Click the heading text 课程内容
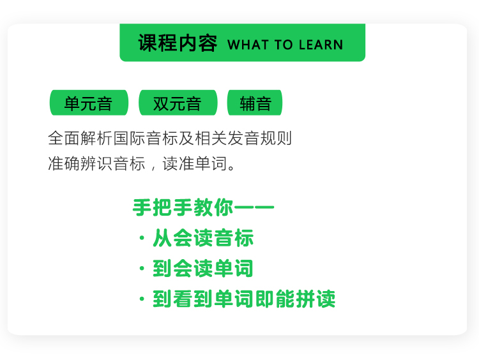pos(178,43)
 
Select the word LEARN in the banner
pos(321,45)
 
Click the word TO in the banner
pos(284,45)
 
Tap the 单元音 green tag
pos(89,103)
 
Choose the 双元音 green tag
pos(178,103)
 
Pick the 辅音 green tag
pos(255,103)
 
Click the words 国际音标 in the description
pos(146,138)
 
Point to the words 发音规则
pos(260,138)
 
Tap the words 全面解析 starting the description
pos(80,138)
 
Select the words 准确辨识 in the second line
pos(80,163)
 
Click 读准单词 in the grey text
pos(195,163)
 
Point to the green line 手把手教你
pos(183,207)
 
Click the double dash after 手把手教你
pos(254,207)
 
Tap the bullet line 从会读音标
pos(203,238)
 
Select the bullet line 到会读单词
pos(203,268)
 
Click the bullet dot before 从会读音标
pos(142,238)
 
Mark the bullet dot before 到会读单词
pos(142,268)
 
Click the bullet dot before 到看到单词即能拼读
pos(142,299)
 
